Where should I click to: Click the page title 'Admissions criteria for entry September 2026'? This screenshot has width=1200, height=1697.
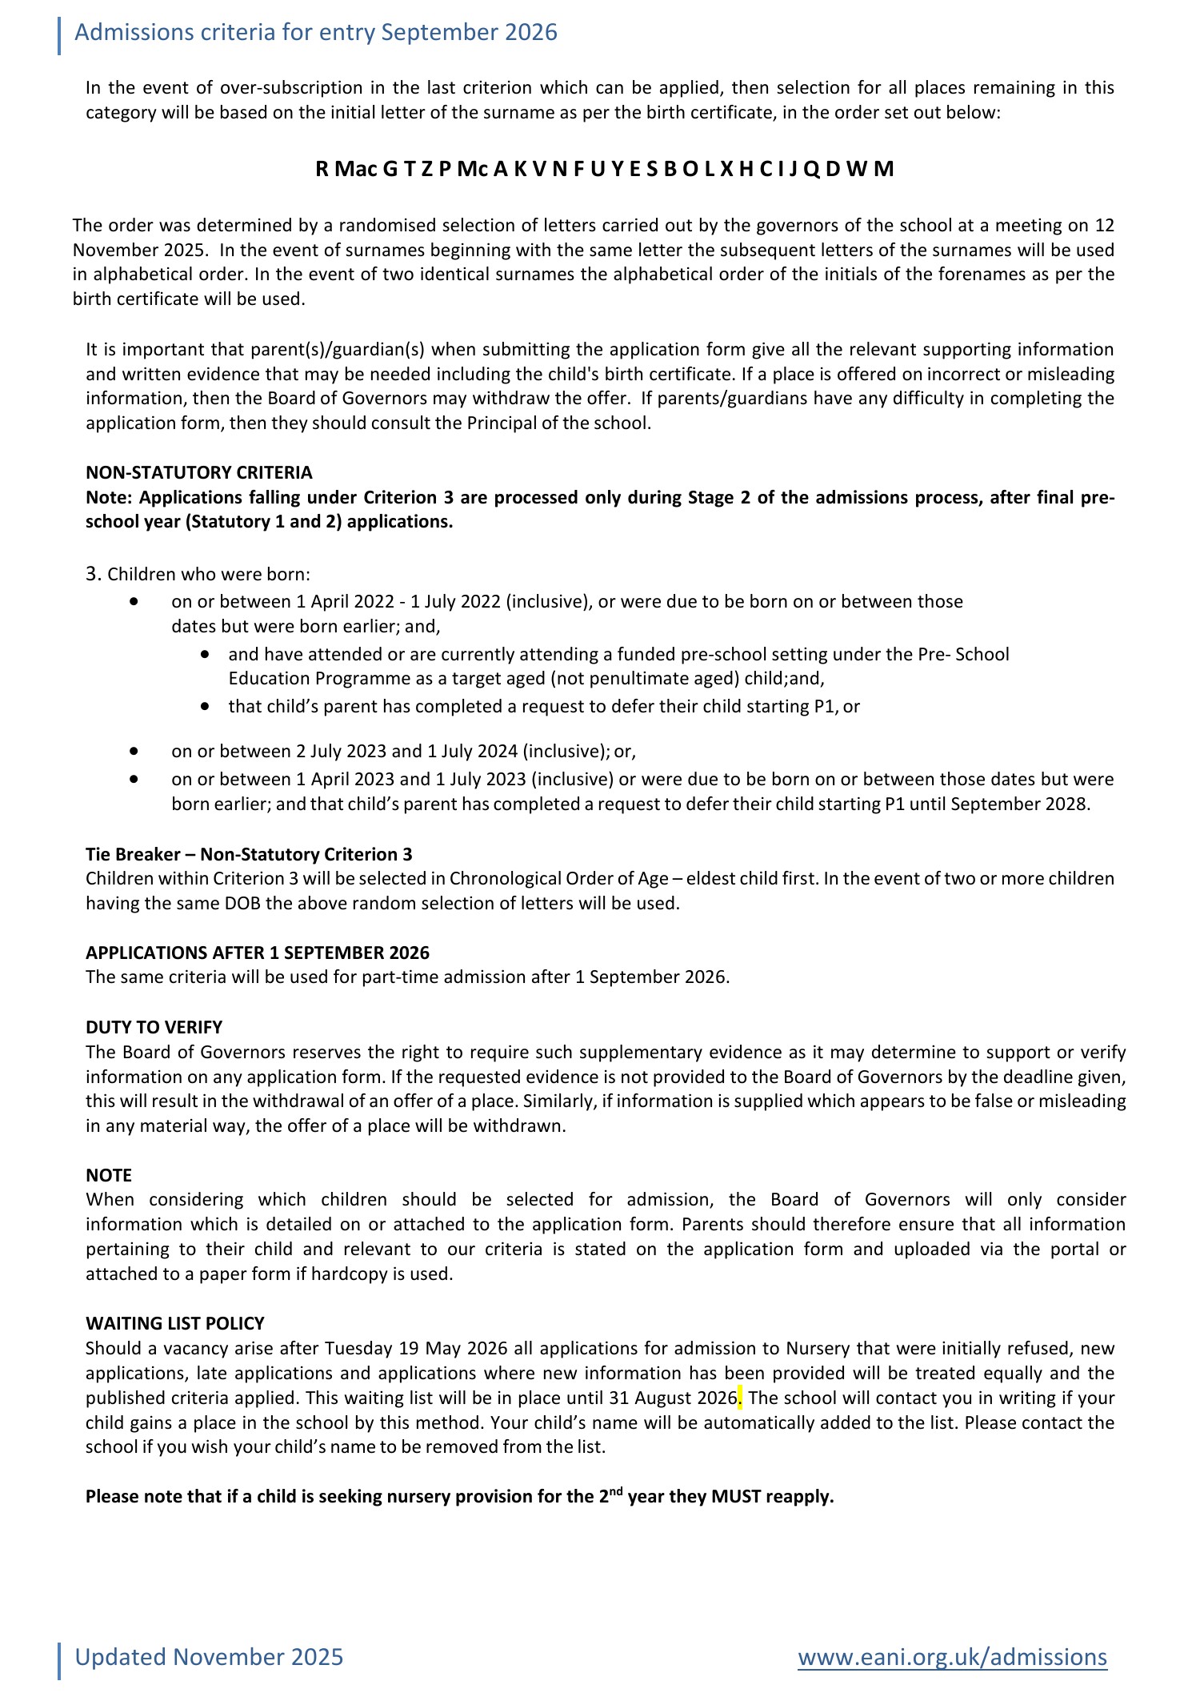coord(315,33)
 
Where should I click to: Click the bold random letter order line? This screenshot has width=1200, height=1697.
coord(604,169)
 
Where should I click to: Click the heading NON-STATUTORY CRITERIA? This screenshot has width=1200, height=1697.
coord(198,472)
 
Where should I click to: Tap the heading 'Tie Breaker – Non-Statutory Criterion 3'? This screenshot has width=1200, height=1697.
coord(249,854)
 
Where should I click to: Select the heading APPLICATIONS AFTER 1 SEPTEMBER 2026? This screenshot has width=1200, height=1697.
coord(257,953)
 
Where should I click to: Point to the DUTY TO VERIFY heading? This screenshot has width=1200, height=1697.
coord(154,1027)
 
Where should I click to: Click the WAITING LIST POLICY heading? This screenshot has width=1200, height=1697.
coord(174,1323)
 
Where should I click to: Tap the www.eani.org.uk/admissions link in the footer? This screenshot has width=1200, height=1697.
coord(952,1656)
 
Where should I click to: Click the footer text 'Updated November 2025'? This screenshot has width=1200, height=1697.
coord(209,1656)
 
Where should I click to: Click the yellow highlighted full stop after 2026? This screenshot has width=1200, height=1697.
coord(740,1398)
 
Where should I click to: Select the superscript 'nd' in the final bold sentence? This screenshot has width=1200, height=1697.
coord(615,1490)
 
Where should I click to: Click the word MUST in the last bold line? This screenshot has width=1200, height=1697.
coord(735,1496)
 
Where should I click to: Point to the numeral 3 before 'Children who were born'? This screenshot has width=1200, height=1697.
coord(92,574)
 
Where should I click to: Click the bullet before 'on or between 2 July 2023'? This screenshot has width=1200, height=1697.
coord(134,752)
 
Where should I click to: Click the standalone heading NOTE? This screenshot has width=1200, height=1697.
coord(108,1175)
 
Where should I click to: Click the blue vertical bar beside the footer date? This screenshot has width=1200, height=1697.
coord(59,1660)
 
